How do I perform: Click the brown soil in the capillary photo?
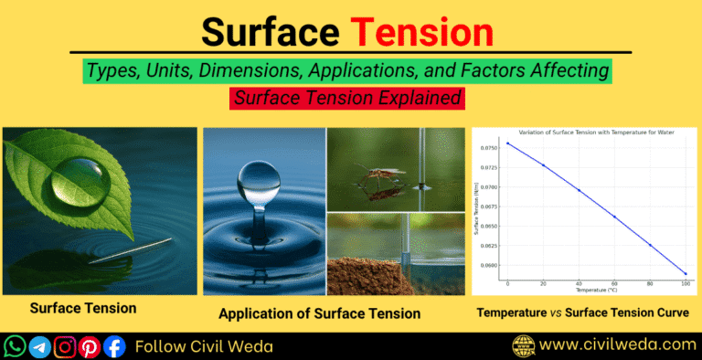tap(366, 274)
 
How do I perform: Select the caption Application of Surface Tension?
tap(319, 313)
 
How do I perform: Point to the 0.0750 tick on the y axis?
tap(489, 147)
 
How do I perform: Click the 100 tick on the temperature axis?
tap(685, 283)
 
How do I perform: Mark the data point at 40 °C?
tap(579, 190)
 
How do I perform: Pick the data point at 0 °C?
tap(507, 143)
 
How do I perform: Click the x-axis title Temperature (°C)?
tap(596, 291)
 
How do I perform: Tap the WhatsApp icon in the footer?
tap(16, 346)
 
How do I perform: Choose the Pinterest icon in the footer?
tap(90, 346)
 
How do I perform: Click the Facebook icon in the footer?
tap(114, 346)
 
